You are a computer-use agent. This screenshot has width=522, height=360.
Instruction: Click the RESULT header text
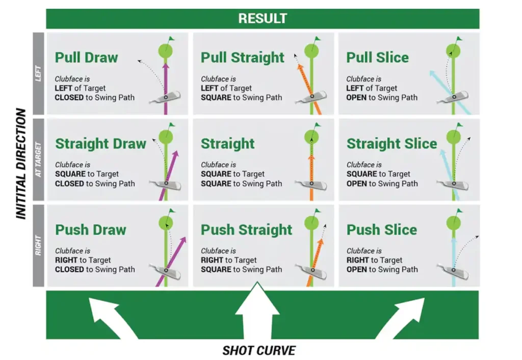coord(263,19)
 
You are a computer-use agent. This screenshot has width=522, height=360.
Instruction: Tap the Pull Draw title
coord(86,58)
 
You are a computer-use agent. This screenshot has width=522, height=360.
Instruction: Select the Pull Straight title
coord(242,58)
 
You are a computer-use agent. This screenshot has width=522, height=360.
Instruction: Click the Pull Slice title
coord(377,58)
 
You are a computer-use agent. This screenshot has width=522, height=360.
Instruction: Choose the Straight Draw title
coord(100,144)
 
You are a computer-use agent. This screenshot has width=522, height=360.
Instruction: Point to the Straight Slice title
coord(391,144)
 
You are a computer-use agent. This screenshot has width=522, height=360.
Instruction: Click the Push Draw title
coord(90,229)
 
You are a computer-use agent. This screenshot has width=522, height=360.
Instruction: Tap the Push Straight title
coord(246,229)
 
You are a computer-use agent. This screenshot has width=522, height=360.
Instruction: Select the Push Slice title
coord(381,229)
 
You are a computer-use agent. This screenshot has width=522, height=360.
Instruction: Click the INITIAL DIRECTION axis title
coord(21,163)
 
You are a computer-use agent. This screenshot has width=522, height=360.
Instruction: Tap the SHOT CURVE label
coord(258,351)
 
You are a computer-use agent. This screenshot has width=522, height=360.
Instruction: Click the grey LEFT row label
coord(39,74)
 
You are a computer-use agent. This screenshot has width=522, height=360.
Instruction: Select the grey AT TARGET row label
coord(39,160)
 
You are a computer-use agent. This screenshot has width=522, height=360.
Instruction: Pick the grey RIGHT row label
coord(39,246)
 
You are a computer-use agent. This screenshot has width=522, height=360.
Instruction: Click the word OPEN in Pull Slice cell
coord(356,97)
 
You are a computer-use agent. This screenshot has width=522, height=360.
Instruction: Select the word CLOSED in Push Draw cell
coord(69,269)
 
